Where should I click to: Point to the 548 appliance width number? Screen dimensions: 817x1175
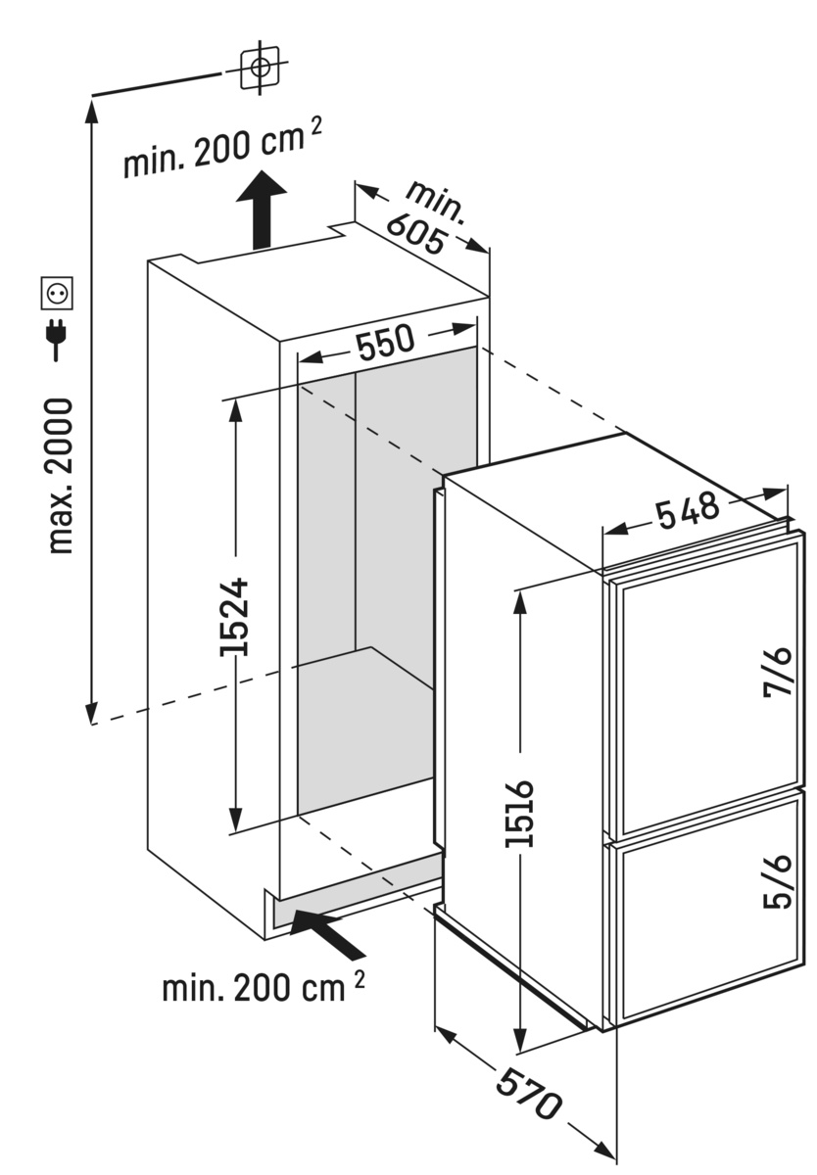(688, 509)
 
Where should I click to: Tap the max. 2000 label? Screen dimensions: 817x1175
(60, 476)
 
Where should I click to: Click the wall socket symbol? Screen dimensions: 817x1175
(57, 293)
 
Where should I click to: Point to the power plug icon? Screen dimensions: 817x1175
(56, 340)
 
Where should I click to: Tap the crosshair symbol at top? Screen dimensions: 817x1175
(260, 68)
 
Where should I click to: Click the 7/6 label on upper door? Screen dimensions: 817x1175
(778, 673)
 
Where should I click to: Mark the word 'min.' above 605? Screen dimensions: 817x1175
(437, 201)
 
